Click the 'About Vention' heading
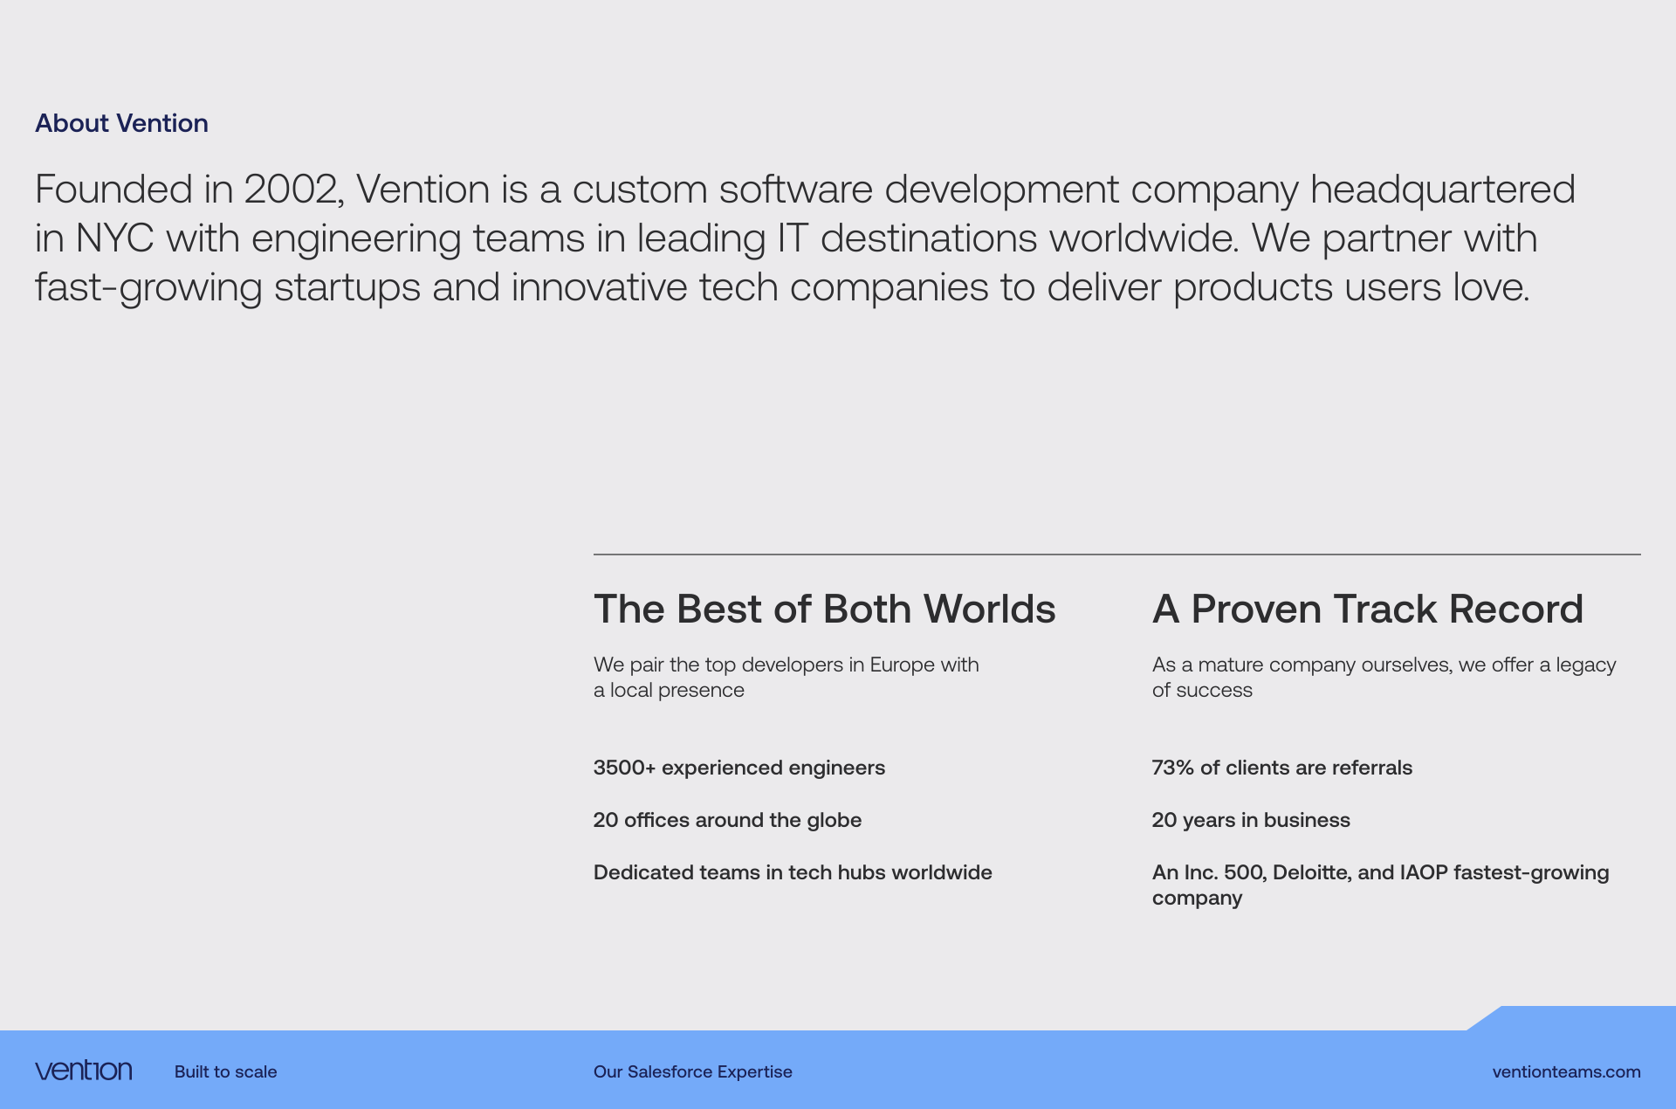(x=121, y=123)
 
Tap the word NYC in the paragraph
(x=114, y=238)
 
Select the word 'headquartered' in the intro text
(x=1443, y=190)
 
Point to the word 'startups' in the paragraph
(x=347, y=288)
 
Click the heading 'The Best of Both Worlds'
(x=825, y=609)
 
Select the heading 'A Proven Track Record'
(x=1368, y=609)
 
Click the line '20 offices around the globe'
(x=727, y=820)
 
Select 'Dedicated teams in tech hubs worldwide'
(x=793, y=872)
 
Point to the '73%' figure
(x=1172, y=768)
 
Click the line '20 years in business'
(x=1251, y=820)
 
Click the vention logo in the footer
(x=84, y=1071)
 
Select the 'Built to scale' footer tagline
(x=226, y=1071)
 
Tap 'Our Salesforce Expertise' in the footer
(x=693, y=1071)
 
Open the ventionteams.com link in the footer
(x=1567, y=1071)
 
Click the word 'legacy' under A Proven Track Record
(x=1586, y=665)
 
